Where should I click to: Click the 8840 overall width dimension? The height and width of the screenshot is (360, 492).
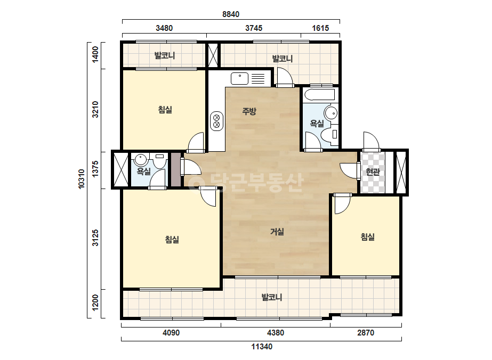tap(231, 14)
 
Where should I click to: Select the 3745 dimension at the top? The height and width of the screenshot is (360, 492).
tap(254, 28)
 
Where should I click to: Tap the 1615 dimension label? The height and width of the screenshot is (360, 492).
tap(320, 28)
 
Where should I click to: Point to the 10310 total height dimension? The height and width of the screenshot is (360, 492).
tap(81, 179)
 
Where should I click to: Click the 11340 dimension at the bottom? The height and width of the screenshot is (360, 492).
tap(262, 347)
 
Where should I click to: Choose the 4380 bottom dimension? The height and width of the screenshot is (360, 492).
tap(276, 333)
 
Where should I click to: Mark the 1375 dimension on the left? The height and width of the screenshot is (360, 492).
tap(95, 169)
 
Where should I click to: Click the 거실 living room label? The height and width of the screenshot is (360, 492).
tap(277, 232)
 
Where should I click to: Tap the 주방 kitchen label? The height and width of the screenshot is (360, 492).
tap(249, 111)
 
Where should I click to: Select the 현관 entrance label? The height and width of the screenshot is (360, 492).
tap(373, 172)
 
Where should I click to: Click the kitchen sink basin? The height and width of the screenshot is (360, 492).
tap(239, 78)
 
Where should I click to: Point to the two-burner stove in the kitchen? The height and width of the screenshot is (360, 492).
tap(216, 121)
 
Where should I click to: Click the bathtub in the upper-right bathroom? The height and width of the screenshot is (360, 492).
tap(319, 95)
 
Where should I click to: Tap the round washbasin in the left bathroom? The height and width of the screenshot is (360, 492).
tap(141, 160)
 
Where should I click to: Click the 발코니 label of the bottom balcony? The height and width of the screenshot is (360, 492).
tap(272, 297)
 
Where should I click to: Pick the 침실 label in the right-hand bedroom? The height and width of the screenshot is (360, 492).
tap(367, 237)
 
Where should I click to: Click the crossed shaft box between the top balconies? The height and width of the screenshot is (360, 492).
tap(213, 55)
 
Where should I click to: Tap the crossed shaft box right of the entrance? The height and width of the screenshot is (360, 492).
tap(401, 172)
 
